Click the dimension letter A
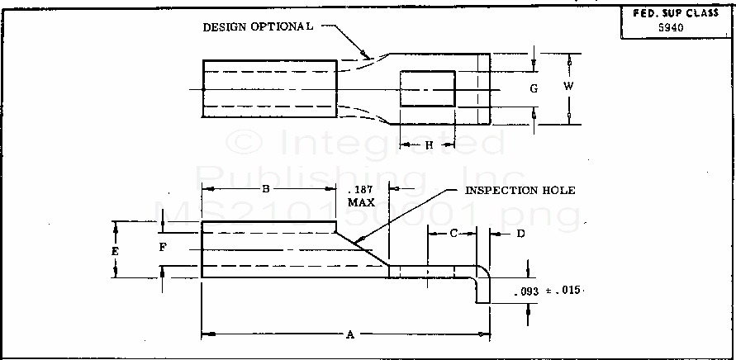[350, 334]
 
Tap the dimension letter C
[453, 234]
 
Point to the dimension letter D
[520, 234]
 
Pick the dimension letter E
[116, 250]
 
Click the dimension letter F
[163, 247]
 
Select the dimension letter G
[534, 88]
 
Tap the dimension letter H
[429, 145]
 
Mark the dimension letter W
[568, 87]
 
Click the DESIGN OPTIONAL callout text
[258, 26]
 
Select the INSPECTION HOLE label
[520, 191]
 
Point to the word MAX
[360, 201]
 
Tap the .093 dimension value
[526, 292]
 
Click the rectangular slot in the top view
[427, 88]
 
